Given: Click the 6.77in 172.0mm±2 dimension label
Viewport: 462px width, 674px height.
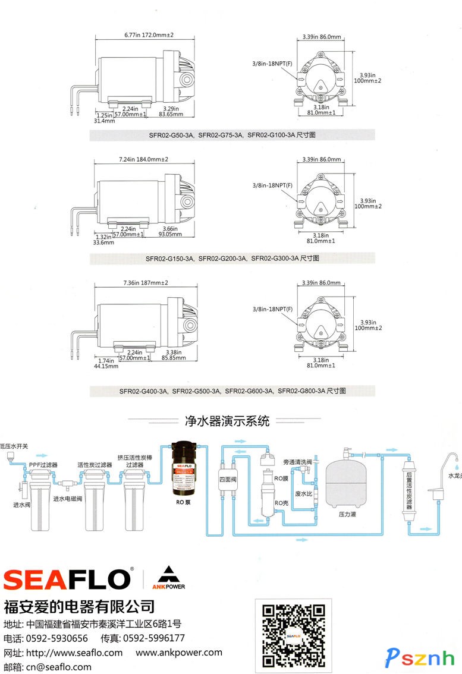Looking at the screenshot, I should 149,36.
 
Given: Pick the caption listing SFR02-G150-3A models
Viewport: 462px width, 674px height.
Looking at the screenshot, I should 232,259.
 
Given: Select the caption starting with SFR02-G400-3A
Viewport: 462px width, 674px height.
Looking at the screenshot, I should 232,391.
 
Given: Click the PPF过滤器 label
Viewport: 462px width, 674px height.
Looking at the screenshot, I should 43,464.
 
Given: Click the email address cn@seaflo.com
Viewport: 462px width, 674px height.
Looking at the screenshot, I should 58,667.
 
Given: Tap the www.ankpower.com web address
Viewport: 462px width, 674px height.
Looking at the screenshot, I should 179,653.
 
